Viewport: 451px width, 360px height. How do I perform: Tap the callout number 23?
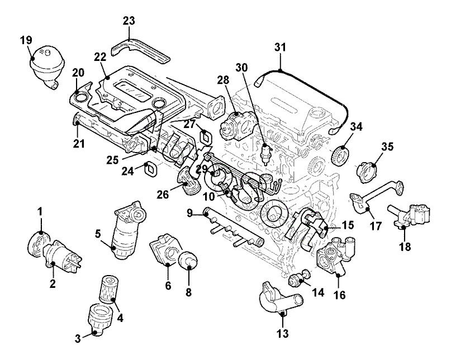point(129,21)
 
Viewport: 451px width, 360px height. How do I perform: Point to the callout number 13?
point(283,334)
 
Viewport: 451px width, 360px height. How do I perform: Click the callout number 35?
point(387,146)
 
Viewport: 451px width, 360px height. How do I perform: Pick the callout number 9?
point(190,212)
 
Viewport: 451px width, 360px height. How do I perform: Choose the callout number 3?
point(78,337)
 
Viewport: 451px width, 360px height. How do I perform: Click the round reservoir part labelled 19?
point(48,61)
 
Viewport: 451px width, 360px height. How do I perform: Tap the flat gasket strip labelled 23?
point(143,50)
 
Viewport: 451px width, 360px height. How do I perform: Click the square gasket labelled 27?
point(206,136)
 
